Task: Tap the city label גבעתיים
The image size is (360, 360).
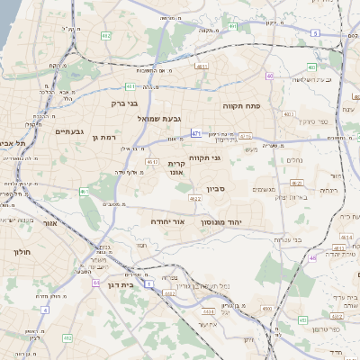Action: pyautogui.click(x=68, y=131)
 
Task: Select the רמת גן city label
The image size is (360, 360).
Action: pyautogui.click(x=104, y=137)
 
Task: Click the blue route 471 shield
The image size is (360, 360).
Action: pyautogui.click(x=195, y=133)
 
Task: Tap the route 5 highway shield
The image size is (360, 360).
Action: pyautogui.click(x=314, y=33)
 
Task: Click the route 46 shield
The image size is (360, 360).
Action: pyautogui.click(x=312, y=258)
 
